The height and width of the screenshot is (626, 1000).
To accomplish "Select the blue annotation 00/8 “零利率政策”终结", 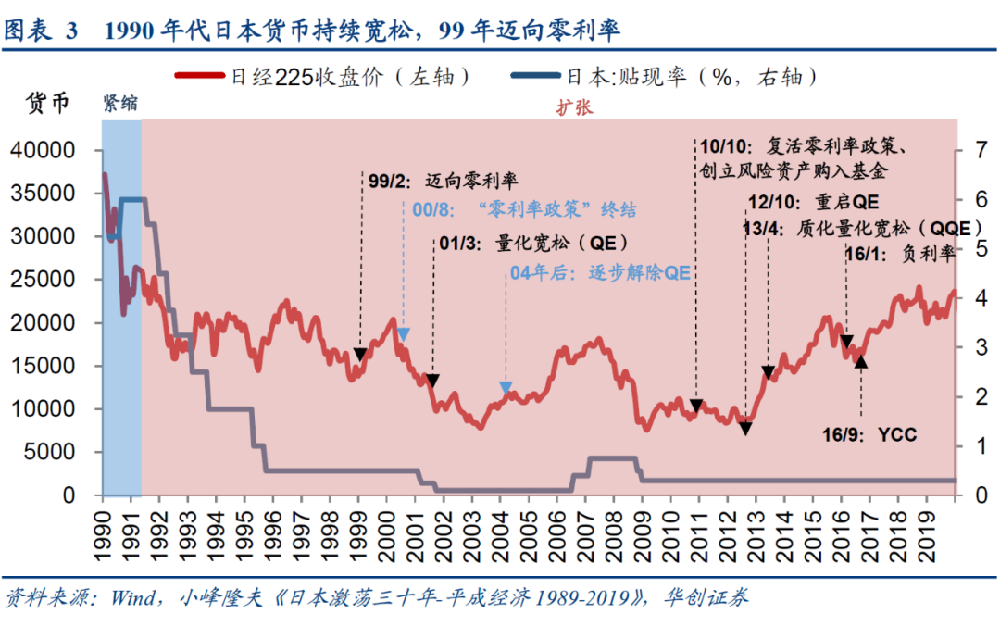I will pyautogui.click(x=525, y=210).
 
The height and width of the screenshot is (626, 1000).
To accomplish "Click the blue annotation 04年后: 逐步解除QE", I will pyautogui.click(x=602, y=273).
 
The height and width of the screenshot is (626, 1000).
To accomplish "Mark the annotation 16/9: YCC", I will pyautogui.click(x=869, y=433).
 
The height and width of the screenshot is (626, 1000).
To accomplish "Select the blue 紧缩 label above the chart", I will pyautogui.click(x=120, y=104).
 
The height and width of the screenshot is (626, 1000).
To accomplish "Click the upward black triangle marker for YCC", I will pyautogui.click(x=861, y=361).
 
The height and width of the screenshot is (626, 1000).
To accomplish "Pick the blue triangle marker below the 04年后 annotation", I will pyautogui.click(x=506, y=388).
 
